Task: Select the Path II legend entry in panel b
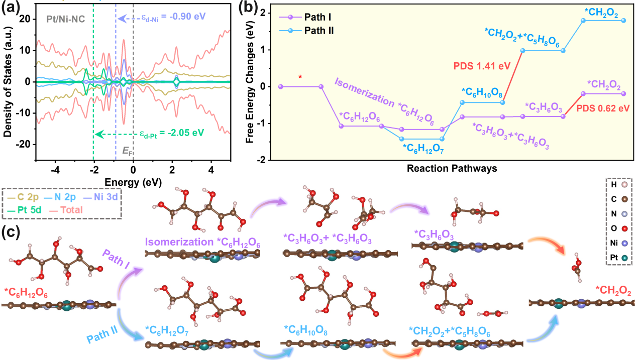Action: [x=320, y=31]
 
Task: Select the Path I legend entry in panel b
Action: [x=317, y=17]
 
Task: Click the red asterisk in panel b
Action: [x=300, y=77]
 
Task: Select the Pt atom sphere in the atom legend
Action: [x=625, y=260]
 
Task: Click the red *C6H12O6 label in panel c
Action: [x=26, y=292]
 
